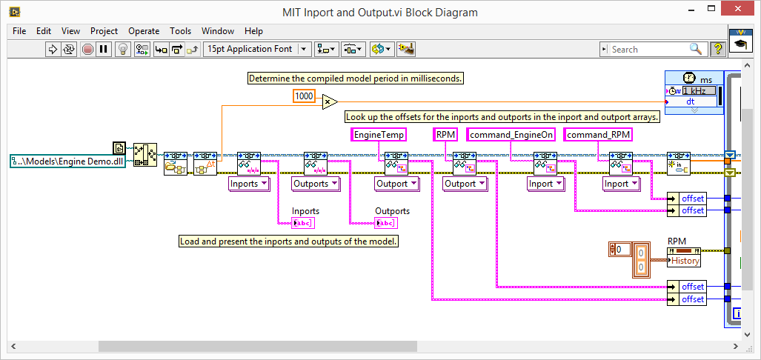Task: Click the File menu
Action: pyautogui.click(x=19, y=31)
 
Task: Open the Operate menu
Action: pyautogui.click(x=143, y=31)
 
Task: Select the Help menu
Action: pyautogui.click(x=253, y=31)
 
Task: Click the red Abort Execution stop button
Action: pyautogui.click(x=87, y=49)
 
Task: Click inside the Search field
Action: pyautogui.click(x=648, y=49)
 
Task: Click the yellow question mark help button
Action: pyautogui.click(x=717, y=49)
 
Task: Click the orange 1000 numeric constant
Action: pyautogui.click(x=304, y=96)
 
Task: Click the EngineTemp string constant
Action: pyautogui.click(x=379, y=135)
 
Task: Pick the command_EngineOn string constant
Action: pyautogui.click(x=512, y=135)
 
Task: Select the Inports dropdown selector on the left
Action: pyautogui.click(x=247, y=184)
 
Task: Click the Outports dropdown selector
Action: pyautogui.click(x=315, y=184)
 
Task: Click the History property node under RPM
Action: pyautogui.click(x=684, y=261)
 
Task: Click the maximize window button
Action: pyautogui.click(x=709, y=11)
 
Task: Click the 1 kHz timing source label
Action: pyautogui.click(x=699, y=90)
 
